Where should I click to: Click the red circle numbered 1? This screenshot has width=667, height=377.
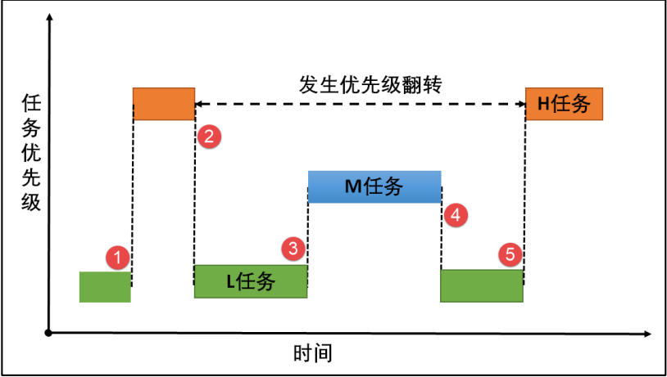click(x=119, y=258)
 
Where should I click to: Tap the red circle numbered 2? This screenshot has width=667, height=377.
click(x=210, y=136)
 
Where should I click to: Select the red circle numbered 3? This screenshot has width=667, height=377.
click(x=292, y=247)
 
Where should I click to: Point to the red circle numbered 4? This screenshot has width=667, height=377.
click(x=456, y=214)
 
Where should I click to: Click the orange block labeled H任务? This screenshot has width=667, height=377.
click(x=564, y=103)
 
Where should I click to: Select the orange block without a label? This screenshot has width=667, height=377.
click(x=164, y=103)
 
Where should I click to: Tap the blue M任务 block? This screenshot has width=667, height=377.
click(x=374, y=186)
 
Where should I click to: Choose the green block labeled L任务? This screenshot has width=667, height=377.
click(x=251, y=281)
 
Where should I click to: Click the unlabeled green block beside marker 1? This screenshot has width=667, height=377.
click(x=105, y=286)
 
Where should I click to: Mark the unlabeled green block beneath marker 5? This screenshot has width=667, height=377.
click(x=482, y=285)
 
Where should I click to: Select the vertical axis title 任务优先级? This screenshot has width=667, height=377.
click(x=31, y=152)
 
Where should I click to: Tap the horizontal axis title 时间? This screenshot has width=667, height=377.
click(x=312, y=354)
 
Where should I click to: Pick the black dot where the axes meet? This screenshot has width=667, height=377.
click(x=50, y=333)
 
